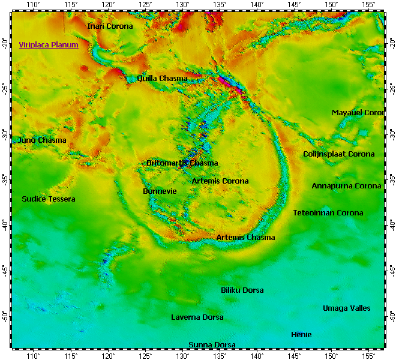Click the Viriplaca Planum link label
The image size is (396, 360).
tap(49, 45)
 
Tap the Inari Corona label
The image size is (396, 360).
tap(110, 26)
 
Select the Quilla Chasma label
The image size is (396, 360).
tap(162, 79)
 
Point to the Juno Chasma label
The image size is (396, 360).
tap(42, 140)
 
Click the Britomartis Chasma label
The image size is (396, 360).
tap(182, 163)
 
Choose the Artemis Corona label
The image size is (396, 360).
tap(220, 181)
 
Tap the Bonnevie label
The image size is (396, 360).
tap(160, 191)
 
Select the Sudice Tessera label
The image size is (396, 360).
tap(49, 199)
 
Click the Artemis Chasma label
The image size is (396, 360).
tap(245, 238)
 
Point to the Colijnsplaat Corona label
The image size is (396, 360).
tap(338, 154)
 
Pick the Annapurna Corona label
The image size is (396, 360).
tap(346, 186)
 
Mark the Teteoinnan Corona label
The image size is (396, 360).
tap(328, 213)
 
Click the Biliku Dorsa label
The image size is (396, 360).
tap(242, 290)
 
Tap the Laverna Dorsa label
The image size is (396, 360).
tap(197, 317)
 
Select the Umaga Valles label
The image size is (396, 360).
tap(346, 308)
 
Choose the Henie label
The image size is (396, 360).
tap(301, 335)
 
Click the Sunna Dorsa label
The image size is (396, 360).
tap(212, 345)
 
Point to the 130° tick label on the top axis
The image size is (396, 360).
tap(182, 5)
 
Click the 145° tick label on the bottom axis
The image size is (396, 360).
tap(294, 356)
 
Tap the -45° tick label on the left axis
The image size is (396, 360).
tap(5, 270)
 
